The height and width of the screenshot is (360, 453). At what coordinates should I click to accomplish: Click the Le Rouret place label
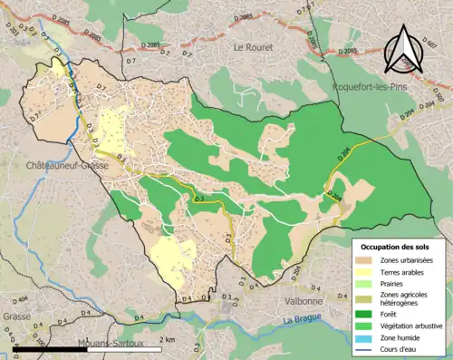tap(252, 46)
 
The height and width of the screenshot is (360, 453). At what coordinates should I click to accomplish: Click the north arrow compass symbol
tap(405, 51)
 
